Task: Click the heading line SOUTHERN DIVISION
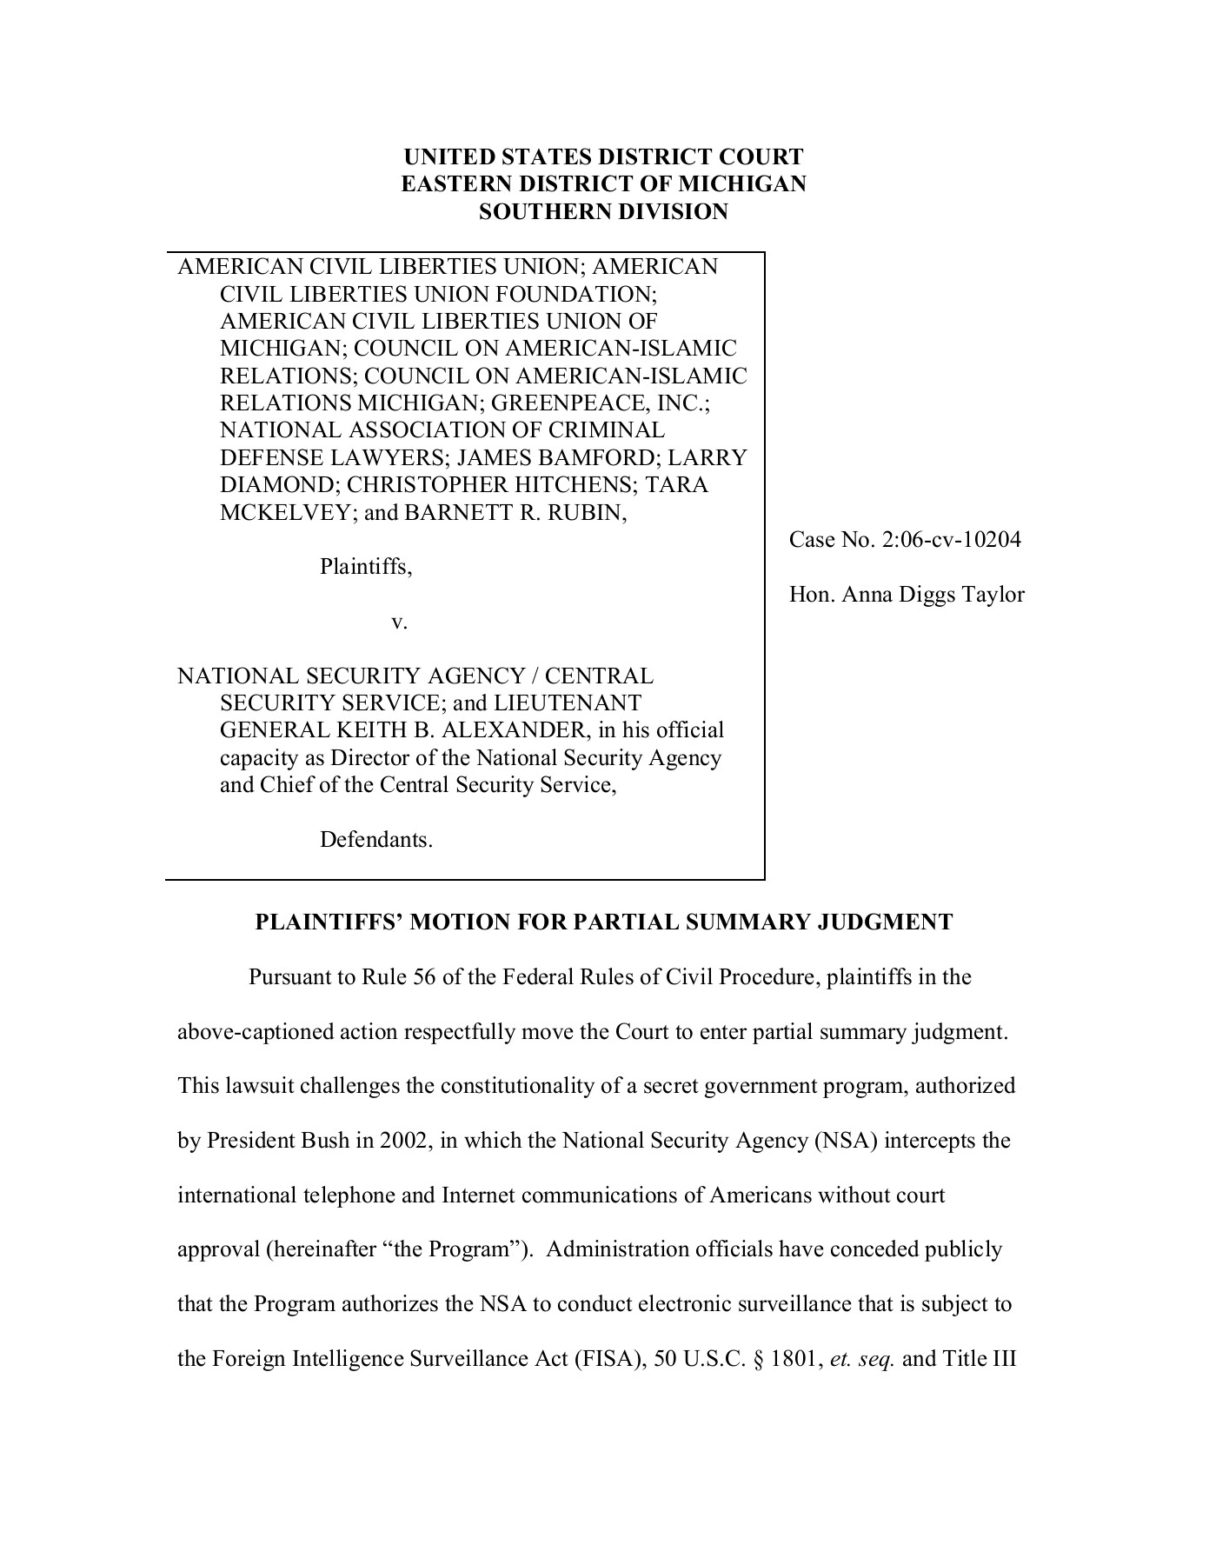point(603,211)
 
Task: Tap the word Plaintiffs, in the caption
point(366,567)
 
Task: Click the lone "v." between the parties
point(400,622)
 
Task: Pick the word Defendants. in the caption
point(376,840)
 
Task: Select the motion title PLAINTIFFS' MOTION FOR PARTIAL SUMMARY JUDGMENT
point(603,922)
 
